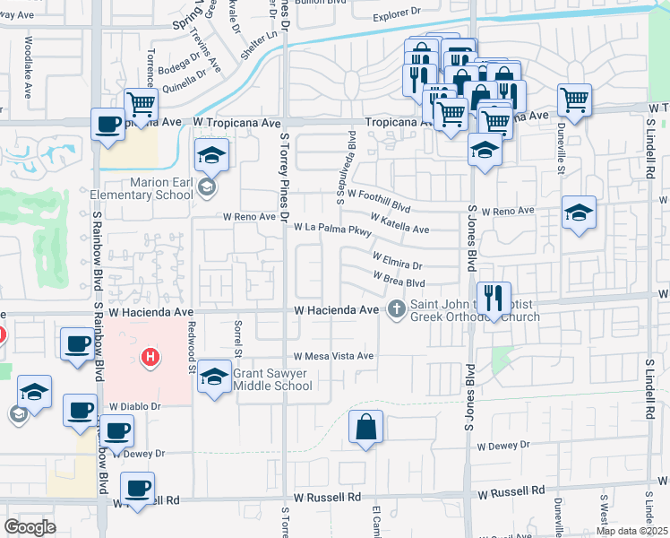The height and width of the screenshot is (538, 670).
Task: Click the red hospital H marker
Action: click(150, 358)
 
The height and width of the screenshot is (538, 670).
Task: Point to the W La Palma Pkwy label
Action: click(333, 230)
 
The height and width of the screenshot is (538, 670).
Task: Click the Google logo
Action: click(30, 527)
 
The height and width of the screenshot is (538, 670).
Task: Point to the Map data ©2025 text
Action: click(631, 530)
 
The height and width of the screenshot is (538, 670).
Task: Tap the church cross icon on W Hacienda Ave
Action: click(396, 310)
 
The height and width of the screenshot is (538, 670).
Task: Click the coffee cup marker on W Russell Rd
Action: click(137, 488)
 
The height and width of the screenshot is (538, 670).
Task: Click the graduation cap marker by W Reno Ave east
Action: click(579, 213)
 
